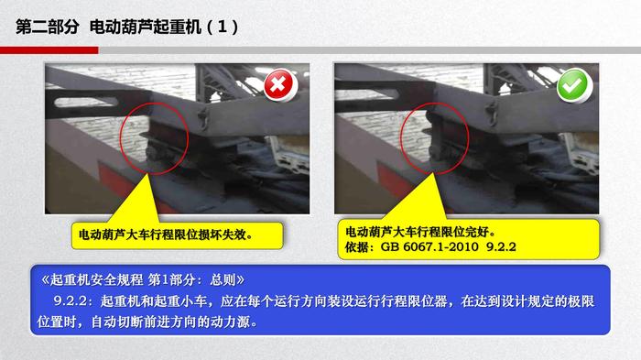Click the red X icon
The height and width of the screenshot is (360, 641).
[278, 85]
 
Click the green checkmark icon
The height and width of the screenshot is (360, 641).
[573, 85]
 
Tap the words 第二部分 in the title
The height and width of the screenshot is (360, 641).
[48, 27]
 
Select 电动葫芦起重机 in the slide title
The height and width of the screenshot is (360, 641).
[146, 27]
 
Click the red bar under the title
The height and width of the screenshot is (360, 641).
[49, 50]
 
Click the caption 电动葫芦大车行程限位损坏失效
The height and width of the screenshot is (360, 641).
[166, 235]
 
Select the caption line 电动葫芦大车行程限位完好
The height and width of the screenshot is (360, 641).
[420, 232]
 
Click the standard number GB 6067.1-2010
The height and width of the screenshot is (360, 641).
[429, 246]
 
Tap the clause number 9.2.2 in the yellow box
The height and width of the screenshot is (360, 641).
[501, 246]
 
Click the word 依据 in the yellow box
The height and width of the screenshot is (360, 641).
[358, 246]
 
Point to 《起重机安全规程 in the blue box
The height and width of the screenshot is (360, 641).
[92, 279]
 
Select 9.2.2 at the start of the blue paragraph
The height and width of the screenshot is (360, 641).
[71, 301]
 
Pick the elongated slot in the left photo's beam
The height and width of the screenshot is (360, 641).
[86, 102]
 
